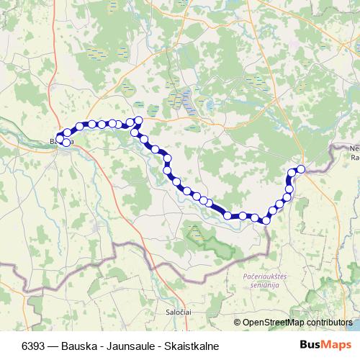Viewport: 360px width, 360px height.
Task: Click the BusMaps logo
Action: [x=325, y=345]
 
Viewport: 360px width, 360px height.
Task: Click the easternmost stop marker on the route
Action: [x=301, y=169]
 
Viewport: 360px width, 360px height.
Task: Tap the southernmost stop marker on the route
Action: [x=266, y=219]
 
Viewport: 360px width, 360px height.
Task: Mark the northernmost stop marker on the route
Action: [x=138, y=120]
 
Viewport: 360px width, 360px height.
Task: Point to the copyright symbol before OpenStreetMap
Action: [x=237, y=323]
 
